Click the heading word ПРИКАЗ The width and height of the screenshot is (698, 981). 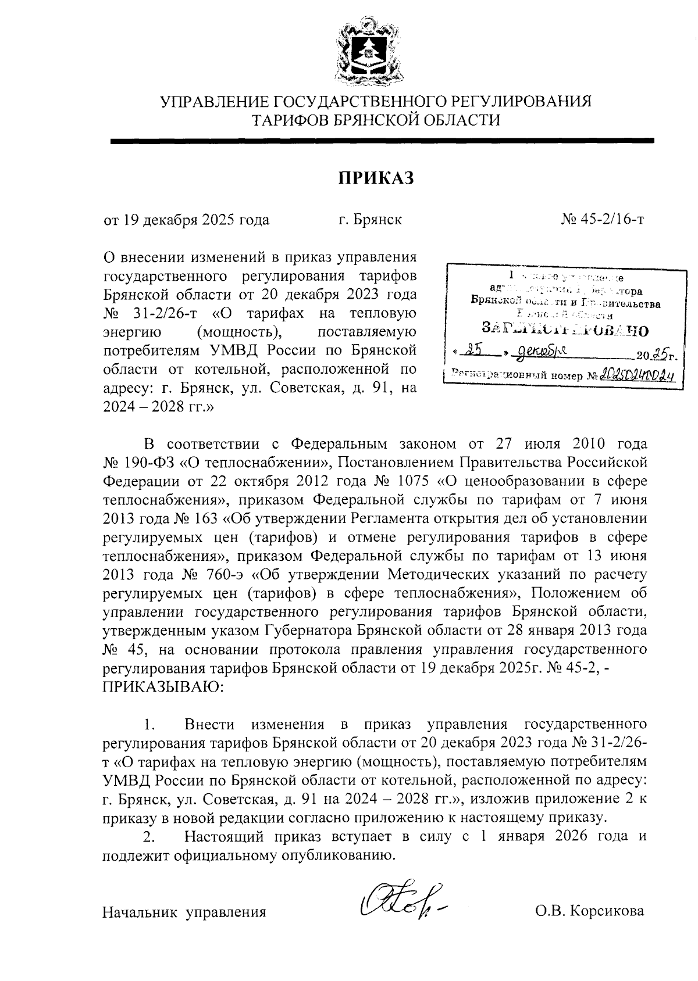point(376,178)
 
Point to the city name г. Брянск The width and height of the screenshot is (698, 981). point(371,220)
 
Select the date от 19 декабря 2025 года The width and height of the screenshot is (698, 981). point(186,220)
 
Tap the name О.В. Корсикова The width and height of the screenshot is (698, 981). point(590,911)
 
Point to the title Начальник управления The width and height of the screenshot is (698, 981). point(184,912)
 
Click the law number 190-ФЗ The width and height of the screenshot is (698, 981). point(146,463)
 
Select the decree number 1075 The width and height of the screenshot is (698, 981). point(412,482)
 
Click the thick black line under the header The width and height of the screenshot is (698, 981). point(382,140)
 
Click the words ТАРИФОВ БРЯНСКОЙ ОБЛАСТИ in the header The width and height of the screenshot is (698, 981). point(376,120)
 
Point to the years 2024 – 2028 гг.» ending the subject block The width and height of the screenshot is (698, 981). point(158,407)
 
